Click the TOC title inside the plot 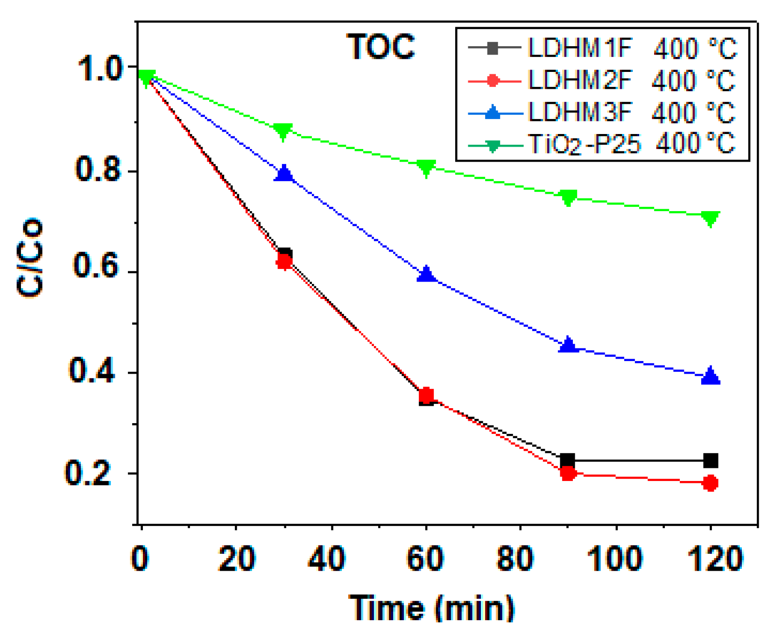pos(380,47)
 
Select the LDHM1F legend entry pos(602,48)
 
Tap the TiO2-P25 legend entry pos(602,144)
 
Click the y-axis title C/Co pos(30,257)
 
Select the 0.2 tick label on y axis pos(87,473)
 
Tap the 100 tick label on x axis pos(614,558)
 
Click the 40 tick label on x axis pos(327,558)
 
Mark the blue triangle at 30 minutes pos(284,174)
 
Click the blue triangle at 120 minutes pos(710,375)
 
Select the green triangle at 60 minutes pos(426,168)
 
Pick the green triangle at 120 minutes pos(710,218)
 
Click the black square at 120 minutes pos(710,461)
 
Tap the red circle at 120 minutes pos(710,483)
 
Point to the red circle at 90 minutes pos(568,473)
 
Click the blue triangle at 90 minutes pos(568,345)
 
